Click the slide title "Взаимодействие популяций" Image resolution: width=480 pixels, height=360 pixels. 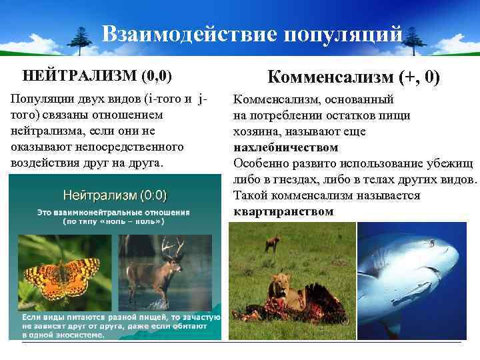(x=253, y=34)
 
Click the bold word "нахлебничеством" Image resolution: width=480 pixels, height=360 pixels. (x=286, y=147)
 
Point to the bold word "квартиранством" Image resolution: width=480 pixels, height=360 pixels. (x=283, y=212)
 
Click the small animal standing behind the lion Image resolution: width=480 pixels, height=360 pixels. (x=272, y=243)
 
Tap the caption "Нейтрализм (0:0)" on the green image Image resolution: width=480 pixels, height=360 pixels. (x=115, y=195)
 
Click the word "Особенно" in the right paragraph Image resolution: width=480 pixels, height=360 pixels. (x=257, y=163)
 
